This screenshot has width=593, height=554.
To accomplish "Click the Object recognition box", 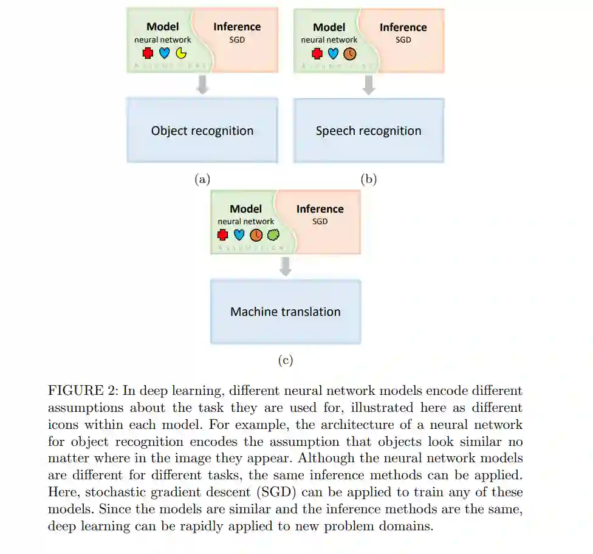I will pos(202,131).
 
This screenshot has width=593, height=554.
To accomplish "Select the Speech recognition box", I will pos(368,131).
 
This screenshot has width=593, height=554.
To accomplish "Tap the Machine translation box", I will pos(285,312).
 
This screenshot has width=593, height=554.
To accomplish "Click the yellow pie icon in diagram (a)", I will pos(181,53).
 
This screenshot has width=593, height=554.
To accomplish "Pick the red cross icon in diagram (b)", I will pos(317,53).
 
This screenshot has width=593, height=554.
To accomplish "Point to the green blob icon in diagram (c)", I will pos(273,234).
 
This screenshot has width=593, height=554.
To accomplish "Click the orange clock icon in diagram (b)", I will pos(349,53).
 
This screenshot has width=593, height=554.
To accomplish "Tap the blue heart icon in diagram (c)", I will pos(239,234).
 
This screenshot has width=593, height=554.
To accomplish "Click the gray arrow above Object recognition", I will pos(203,85).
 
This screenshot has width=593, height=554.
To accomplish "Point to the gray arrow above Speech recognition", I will pos(368,85).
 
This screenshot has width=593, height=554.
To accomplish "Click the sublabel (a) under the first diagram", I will pos(202,179).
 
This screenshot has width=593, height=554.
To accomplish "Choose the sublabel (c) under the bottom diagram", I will pos(286,360).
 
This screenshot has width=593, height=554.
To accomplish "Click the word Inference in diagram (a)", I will pos(237,27).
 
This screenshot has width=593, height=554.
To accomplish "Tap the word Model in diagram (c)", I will pos(245,209).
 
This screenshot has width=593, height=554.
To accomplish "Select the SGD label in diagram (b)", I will pos(403,39).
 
